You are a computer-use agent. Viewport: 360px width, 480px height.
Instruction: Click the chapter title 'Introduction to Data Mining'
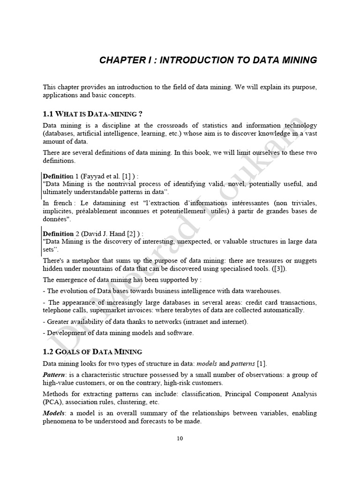[x=208, y=60]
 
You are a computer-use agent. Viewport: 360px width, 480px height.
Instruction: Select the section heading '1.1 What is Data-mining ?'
[x=90, y=114]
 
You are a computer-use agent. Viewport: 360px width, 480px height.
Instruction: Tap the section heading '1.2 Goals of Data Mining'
[x=92, y=352]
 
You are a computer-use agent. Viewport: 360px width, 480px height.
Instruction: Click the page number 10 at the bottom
[x=180, y=439]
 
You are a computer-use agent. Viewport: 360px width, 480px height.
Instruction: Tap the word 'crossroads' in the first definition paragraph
[x=177, y=126]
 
